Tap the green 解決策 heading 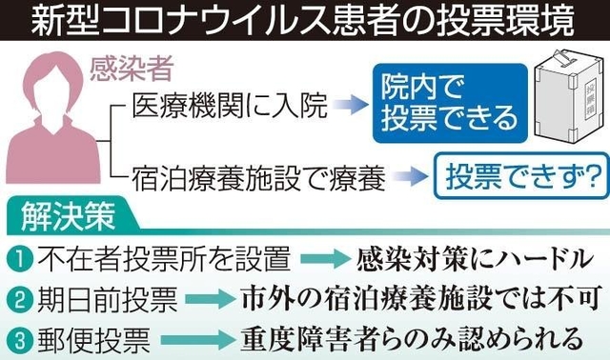pos(70,217)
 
